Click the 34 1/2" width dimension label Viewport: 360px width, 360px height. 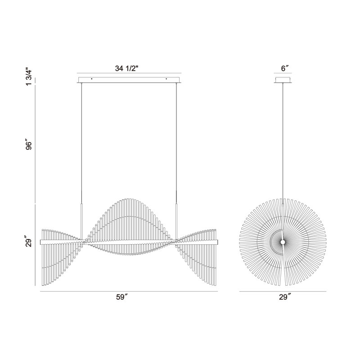pos(126,68)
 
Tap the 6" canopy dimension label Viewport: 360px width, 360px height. pos(284,68)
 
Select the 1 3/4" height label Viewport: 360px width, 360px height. pos(29,76)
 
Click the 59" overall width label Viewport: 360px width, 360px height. pos(121,297)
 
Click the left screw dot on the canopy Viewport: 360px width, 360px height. pos(92,79)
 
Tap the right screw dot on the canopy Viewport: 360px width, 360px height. pos(166,79)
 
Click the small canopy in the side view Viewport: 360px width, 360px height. pos(283,80)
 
